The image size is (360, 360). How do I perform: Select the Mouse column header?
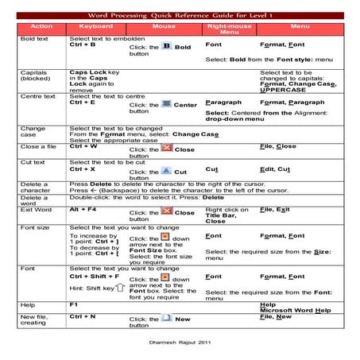163,27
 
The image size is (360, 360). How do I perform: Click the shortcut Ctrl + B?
83,45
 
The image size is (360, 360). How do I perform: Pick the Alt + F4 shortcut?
84,209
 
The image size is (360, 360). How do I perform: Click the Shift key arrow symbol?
118,288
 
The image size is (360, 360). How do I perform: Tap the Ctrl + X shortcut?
83,169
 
